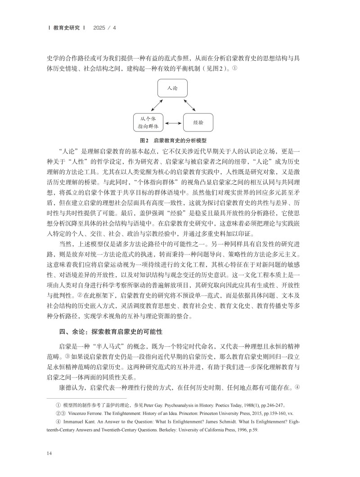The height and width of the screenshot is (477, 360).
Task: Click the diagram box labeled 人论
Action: [172, 88]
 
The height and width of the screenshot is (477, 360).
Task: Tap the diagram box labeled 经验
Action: [198, 122]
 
